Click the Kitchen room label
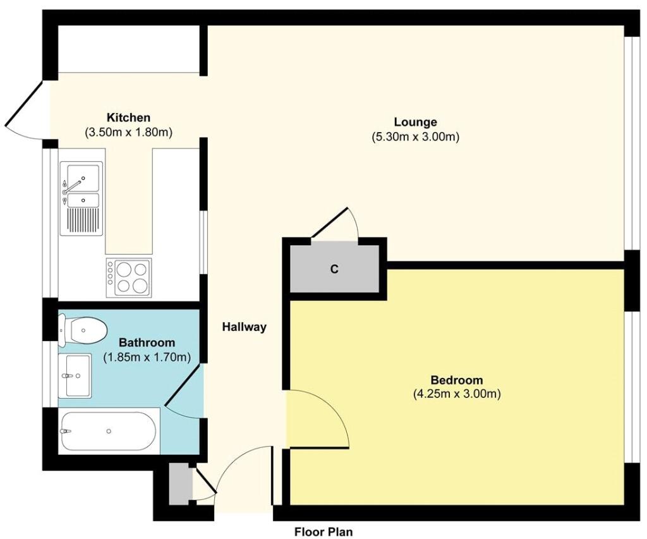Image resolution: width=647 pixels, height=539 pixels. pyautogui.click(x=128, y=118)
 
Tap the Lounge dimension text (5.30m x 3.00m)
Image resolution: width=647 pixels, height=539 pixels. pyautogui.click(x=416, y=136)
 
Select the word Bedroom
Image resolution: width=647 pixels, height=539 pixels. pyautogui.click(x=456, y=380)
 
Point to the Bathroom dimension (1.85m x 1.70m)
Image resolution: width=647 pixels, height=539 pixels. pyautogui.click(x=147, y=357)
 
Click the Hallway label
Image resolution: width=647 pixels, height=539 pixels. pyautogui.click(x=245, y=327)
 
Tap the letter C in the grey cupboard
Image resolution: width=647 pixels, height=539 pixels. pyautogui.click(x=334, y=269)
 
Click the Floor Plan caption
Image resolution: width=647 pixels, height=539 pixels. pyautogui.click(x=323, y=532)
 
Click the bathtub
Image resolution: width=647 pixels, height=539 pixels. pyautogui.click(x=109, y=432)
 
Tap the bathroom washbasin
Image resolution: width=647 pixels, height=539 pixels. pyautogui.click(x=75, y=375)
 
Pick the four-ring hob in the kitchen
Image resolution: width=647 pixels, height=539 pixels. pyautogui.click(x=129, y=277)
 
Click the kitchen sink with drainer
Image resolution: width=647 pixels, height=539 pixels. pyautogui.click(x=82, y=198)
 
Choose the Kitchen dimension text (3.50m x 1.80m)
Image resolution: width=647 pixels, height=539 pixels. pyautogui.click(x=128, y=133)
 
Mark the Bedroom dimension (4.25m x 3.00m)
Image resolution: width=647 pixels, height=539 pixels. pyautogui.click(x=457, y=394)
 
